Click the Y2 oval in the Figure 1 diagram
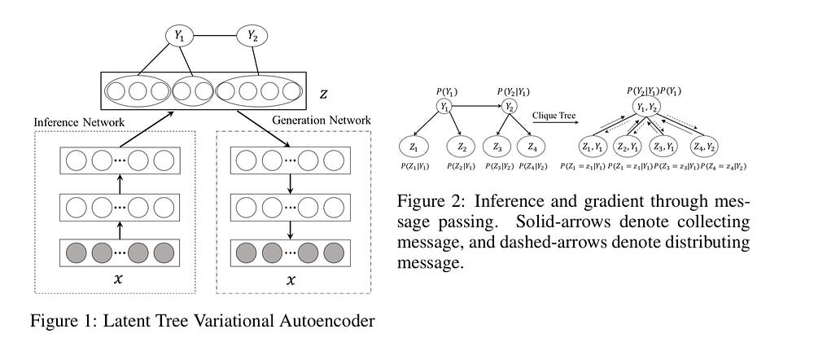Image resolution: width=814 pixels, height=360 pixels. [x=251, y=35]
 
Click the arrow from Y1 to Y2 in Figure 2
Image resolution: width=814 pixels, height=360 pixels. [x=477, y=105]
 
